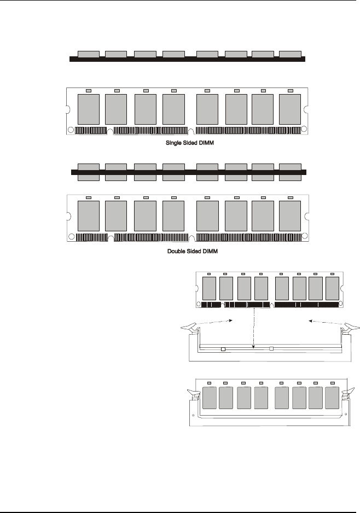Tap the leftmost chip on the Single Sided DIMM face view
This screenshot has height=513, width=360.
[x=89, y=109]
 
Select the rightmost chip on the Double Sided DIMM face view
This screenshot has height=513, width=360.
[x=290, y=215]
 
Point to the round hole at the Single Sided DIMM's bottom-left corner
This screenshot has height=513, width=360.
[x=71, y=130]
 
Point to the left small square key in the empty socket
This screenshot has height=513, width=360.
[x=223, y=348]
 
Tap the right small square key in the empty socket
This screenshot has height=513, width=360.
[x=271, y=348]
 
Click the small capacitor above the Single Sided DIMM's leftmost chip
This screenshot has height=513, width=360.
[x=89, y=90]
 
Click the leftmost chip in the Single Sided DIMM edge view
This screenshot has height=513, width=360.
[x=89, y=54]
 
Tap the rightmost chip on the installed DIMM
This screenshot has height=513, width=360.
[x=332, y=398]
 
